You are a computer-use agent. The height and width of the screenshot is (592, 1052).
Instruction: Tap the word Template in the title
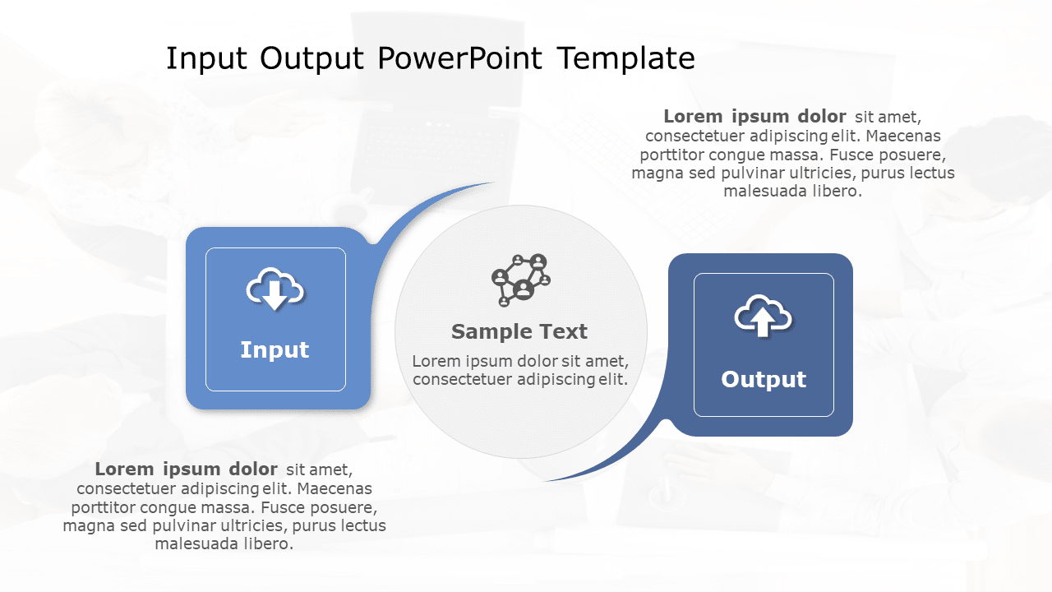pyautogui.click(x=625, y=59)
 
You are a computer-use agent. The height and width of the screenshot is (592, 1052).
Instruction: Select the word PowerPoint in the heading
pyautogui.click(x=459, y=59)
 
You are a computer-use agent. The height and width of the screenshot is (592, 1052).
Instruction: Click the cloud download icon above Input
pyautogui.click(x=275, y=289)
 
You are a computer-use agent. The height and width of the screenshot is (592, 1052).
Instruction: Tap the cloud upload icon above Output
pyautogui.click(x=763, y=316)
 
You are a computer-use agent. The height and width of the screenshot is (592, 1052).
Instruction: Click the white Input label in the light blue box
pyautogui.click(x=275, y=350)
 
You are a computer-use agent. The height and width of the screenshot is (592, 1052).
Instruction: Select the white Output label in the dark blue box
pyautogui.click(x=764, y=380)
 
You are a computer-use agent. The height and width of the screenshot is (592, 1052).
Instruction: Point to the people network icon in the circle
pyautogui.click(x=520, y=280)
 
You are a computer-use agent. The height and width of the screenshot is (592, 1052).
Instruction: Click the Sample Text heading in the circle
pyautogui.click(x=519, y=331)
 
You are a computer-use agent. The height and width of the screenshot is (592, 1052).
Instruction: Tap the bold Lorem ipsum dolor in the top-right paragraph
pyautogui.click(x=754, y=117)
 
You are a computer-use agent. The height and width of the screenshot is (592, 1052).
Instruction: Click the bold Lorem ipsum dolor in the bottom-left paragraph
pyautogui.click(x=186, y=469)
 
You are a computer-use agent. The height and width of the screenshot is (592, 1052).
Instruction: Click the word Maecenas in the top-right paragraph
pyautogui.click(x=903, y=136)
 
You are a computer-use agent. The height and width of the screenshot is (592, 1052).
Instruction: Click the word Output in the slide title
pyautogui.click(x=312, y=59)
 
